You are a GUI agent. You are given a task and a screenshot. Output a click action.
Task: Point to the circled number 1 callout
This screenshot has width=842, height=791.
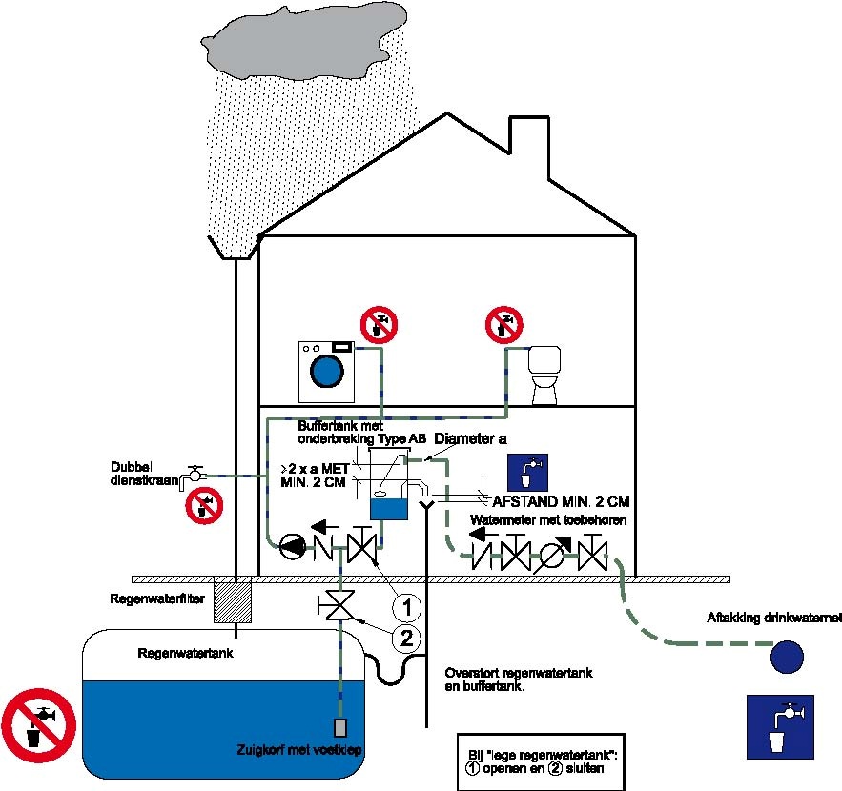pyautogui.click(x=406, y=605)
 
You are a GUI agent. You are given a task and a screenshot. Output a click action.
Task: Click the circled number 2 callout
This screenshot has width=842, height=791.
pyautogui.click(x=406, y=638)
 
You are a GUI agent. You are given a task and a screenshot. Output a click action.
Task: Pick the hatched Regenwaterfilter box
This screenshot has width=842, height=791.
pyautogui.click(x=231, y=600)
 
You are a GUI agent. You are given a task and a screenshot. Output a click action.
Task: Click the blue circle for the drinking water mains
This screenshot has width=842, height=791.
pyautogui.click(x=787, y=656)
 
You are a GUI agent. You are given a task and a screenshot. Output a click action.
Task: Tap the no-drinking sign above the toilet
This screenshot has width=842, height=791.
pyautogui.click(x=503, y=323)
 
